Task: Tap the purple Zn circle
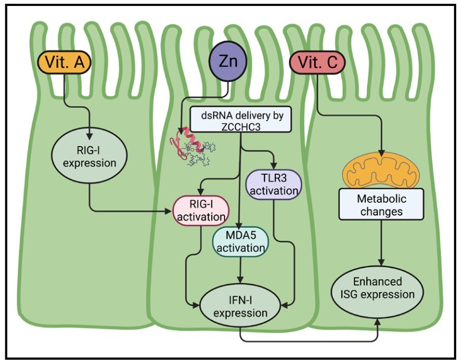(x=227, y=62)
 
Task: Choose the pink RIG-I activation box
(x=199, y=211)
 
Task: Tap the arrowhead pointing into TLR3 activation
(x=275, y=166)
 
